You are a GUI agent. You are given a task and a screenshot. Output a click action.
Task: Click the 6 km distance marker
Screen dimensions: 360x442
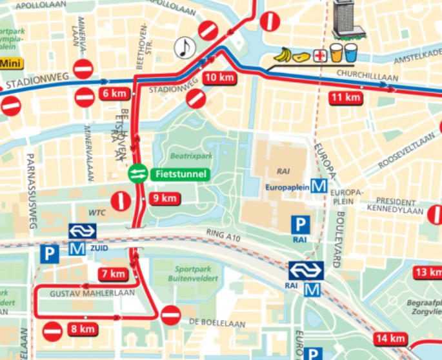(115, 94)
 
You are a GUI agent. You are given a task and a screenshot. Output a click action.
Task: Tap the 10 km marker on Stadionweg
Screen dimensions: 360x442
(218, 78)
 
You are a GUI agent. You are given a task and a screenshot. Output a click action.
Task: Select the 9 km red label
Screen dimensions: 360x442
(164, 199)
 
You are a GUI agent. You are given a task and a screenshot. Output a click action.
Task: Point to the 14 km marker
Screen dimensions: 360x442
(389, 339)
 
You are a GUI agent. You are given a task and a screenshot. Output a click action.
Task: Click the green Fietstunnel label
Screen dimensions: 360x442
(180, 174)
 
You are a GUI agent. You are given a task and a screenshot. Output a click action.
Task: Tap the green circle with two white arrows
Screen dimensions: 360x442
(138, 174)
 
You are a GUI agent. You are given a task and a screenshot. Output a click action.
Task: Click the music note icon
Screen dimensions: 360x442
(185, 47)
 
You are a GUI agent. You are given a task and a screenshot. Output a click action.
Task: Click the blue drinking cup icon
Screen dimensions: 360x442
(350, 52)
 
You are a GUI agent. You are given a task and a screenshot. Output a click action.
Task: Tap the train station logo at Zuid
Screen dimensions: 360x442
(83, 231)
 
